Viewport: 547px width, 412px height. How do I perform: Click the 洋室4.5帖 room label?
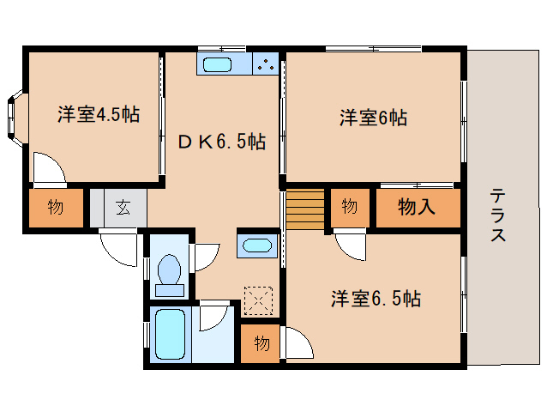[x=98, y=114]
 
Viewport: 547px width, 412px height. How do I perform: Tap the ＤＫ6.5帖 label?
[x=221, y=142]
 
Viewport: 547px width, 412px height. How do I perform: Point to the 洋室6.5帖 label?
[x=376, y=299]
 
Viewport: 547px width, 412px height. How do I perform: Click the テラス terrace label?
[x=497, y=215]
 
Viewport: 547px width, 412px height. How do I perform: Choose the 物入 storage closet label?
[x=417, y=207]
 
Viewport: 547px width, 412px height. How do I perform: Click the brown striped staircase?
[x=305, y=209]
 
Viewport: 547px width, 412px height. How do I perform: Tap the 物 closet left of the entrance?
[x=55, y=207]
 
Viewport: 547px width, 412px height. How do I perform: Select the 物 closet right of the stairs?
[x=349, y=207]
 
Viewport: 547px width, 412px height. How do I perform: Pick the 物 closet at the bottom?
[x=261, y=343]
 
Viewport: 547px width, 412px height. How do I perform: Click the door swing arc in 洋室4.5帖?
[x=49, y=167]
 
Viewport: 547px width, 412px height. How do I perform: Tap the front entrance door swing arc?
[x=118, y=250]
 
